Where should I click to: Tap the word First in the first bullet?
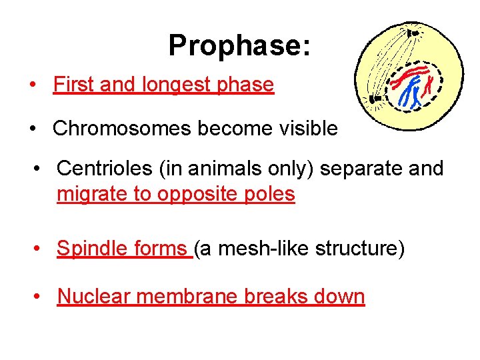pos(71,85)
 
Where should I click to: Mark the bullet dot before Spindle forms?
pos(39,249)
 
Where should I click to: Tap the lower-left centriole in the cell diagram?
pos(375,101)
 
